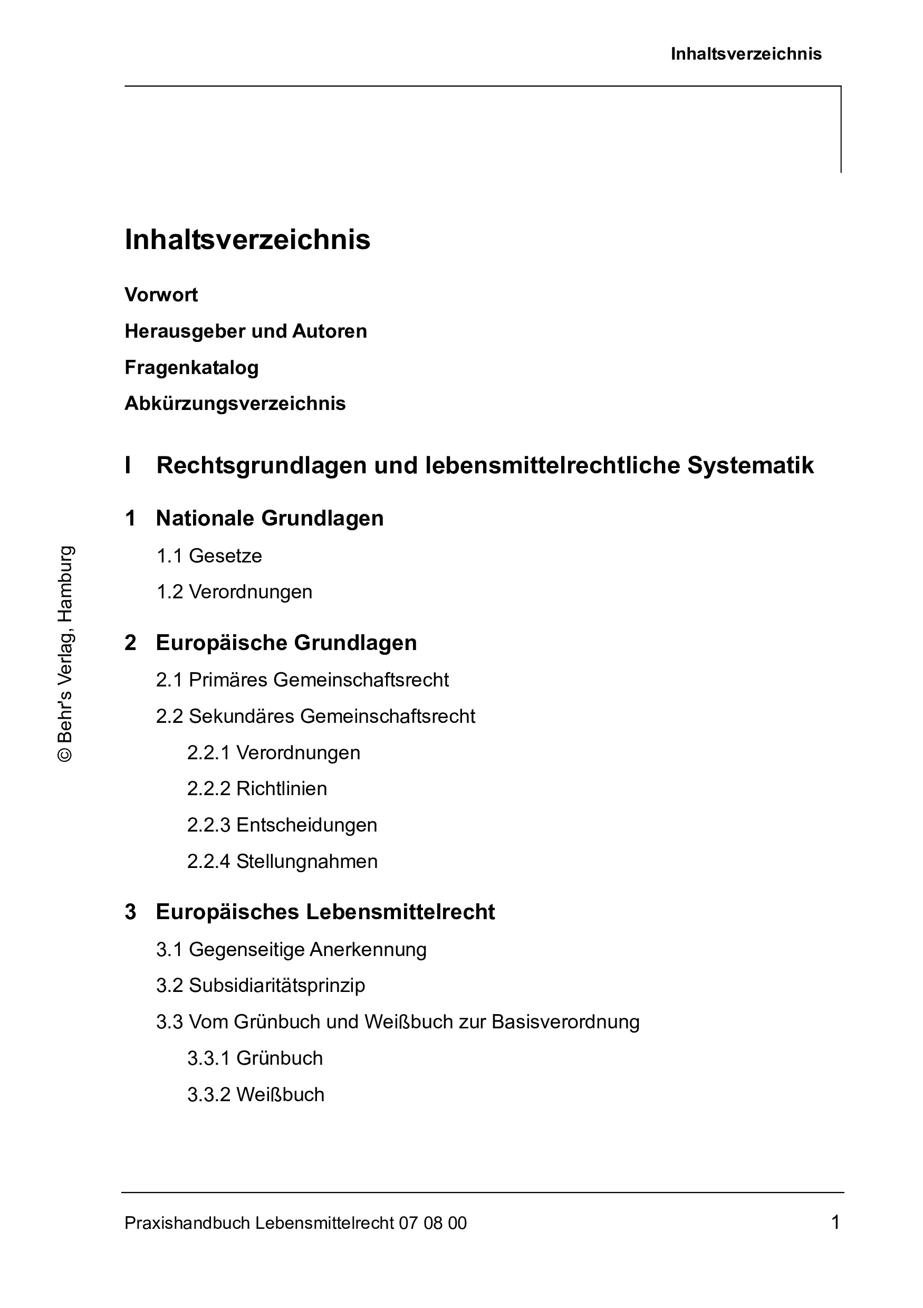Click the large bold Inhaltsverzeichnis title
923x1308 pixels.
click(247, 240)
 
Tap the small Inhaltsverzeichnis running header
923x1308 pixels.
click(746, 54)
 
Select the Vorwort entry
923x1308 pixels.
click(161, 295)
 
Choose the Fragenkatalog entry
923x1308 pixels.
click(191, 367)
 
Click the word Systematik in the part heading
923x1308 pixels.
click(751, 465)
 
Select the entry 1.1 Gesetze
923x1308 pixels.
click(209, 556)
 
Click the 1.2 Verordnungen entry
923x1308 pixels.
click(234, 592)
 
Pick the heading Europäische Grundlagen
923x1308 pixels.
click(286, 643)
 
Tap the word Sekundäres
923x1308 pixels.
click(242, 717)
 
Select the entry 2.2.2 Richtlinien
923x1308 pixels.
click(257, 789)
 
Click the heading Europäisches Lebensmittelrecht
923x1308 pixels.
click(324, 912)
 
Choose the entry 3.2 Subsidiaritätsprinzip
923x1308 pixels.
click(260, 986)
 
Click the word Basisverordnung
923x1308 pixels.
click(565, 1022)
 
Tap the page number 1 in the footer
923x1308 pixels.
click(835, 1222)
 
